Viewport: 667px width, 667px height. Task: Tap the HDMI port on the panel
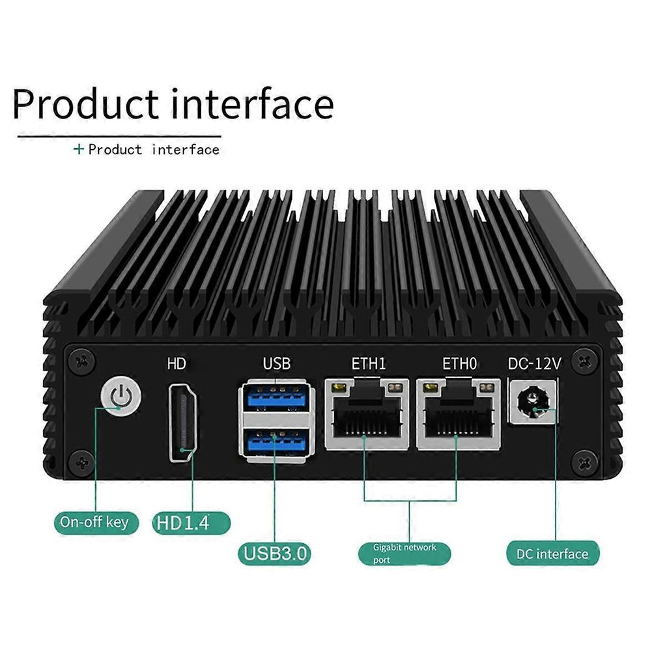click(184, 423)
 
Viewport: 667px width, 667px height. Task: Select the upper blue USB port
click(274, 398)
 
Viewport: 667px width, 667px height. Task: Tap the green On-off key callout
click(95, 521)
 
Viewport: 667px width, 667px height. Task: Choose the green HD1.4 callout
click(192, 522)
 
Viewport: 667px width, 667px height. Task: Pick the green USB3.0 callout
click(274, 554)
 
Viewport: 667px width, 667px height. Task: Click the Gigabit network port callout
click(404, 554)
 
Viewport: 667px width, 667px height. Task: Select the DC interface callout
click(552, 554)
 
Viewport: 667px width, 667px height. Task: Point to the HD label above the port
click(177, 363)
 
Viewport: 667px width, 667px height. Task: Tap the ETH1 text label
click(368, 363)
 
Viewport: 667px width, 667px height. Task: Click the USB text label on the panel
click(277, 363)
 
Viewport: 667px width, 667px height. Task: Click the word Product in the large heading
click(85, 104)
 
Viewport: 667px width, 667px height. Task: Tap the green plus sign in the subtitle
click(79, 149)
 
